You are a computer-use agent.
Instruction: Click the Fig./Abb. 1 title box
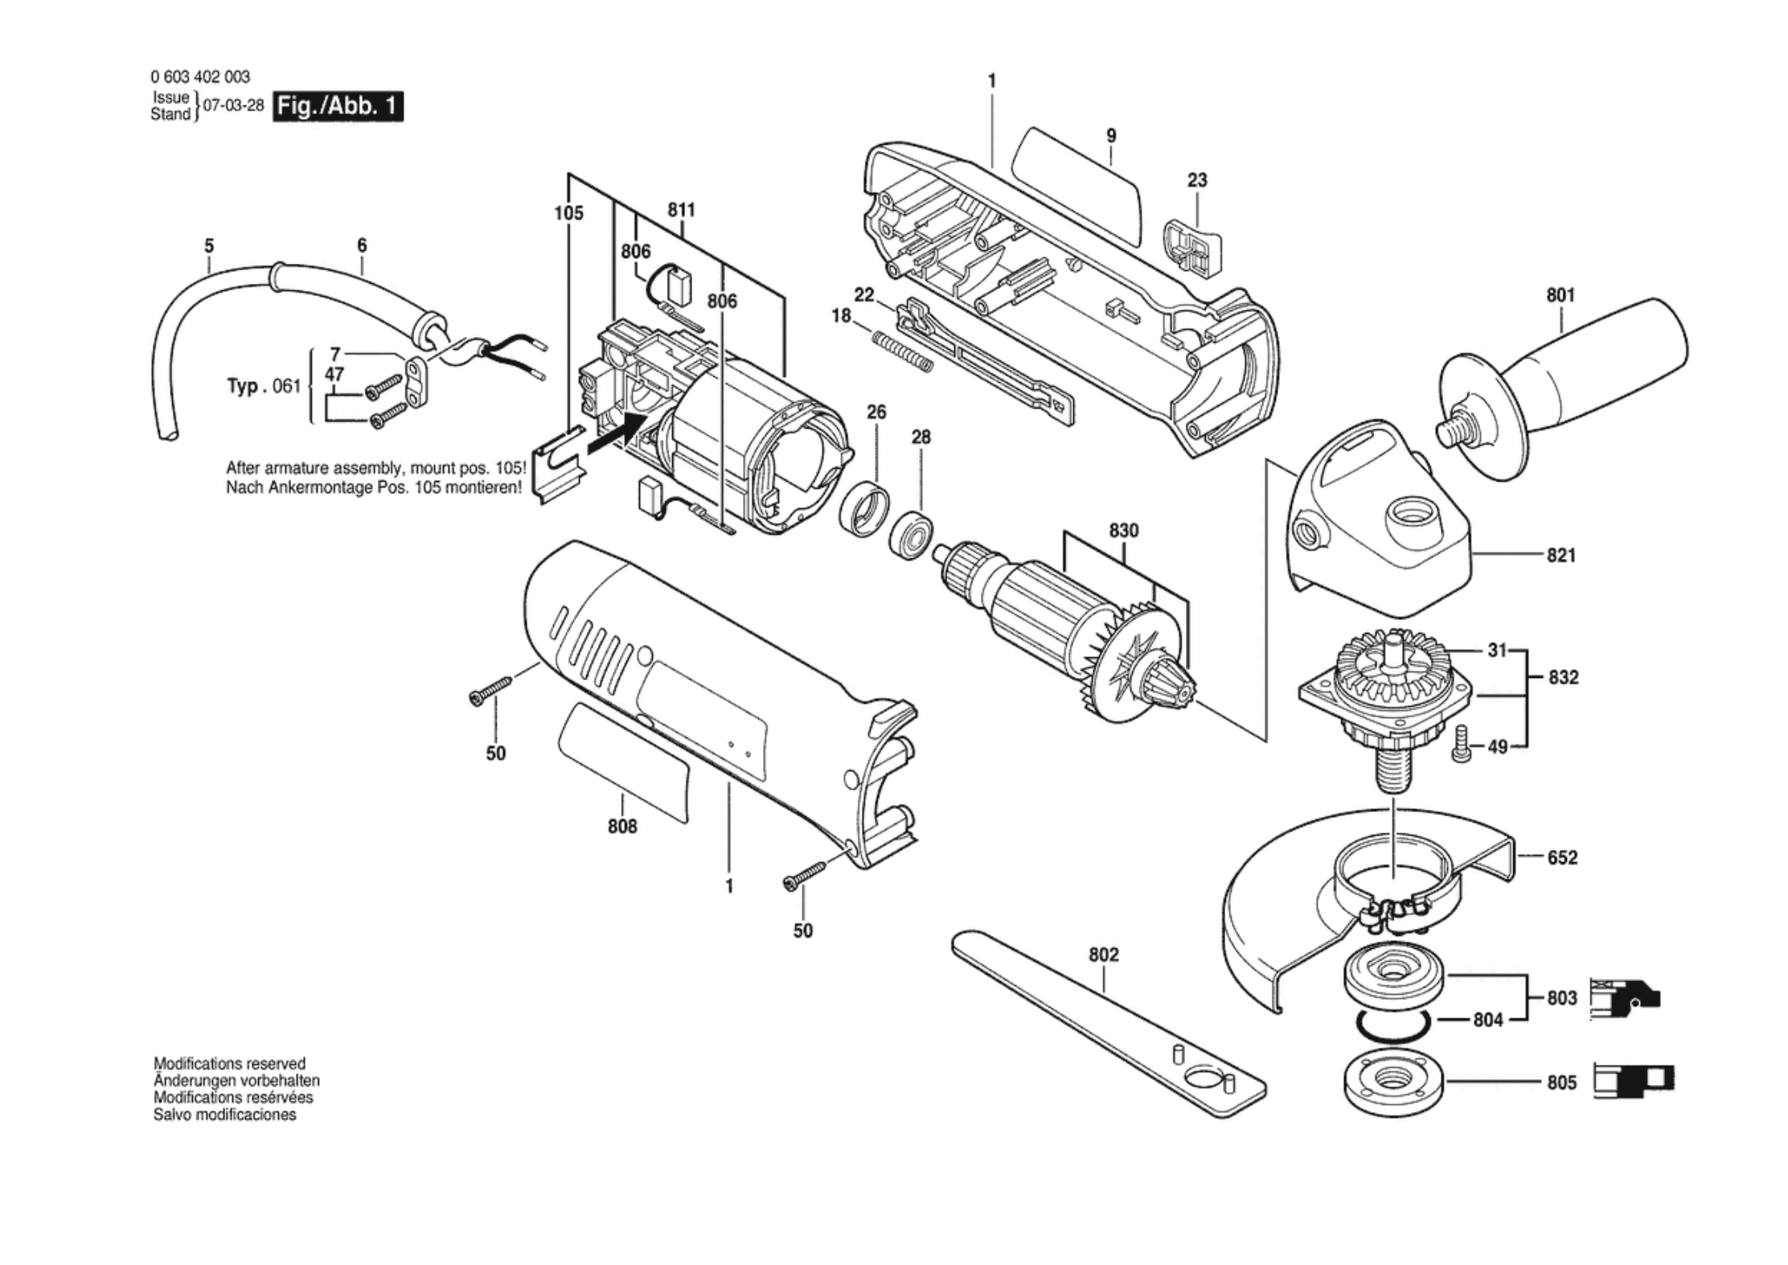tap(338, 106)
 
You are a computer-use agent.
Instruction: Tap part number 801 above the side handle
tap(1560, 295)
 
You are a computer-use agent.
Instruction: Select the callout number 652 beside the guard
tap(1562, 857)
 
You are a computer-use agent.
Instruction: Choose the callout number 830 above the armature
tap(1123, 531)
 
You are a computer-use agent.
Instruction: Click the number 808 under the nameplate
tap(622, 826)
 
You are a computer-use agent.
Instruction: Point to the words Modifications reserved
tap(229, 1063)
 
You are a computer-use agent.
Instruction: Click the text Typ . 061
tap(264, 386)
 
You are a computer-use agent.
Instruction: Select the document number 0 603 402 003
tap(200, 77)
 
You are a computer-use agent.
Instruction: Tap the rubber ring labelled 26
tap(865, 509)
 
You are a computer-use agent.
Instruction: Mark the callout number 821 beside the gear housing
tap(1560, 555)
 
